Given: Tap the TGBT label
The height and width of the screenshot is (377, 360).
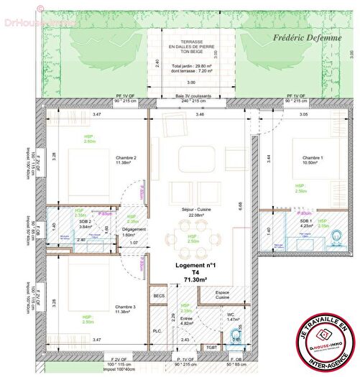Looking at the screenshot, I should (x=211, y=348).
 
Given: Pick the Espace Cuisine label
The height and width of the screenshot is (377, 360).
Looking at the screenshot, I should (x=223, y=294).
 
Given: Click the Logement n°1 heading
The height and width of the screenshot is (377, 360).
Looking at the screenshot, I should (x=195, y=265).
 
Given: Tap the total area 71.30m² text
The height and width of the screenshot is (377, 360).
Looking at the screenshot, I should (x=196, y=280).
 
